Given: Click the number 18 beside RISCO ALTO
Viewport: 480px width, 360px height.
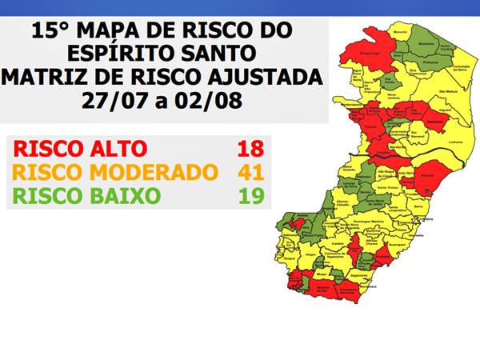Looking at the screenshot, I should point(250,148).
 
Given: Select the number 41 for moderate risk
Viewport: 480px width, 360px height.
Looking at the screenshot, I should point(250,171).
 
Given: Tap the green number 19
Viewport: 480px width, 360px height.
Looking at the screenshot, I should point(250,194).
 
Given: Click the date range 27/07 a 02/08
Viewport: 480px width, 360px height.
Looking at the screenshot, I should point(163,102).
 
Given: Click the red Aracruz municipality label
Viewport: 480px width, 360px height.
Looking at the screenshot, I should point(426,171).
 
